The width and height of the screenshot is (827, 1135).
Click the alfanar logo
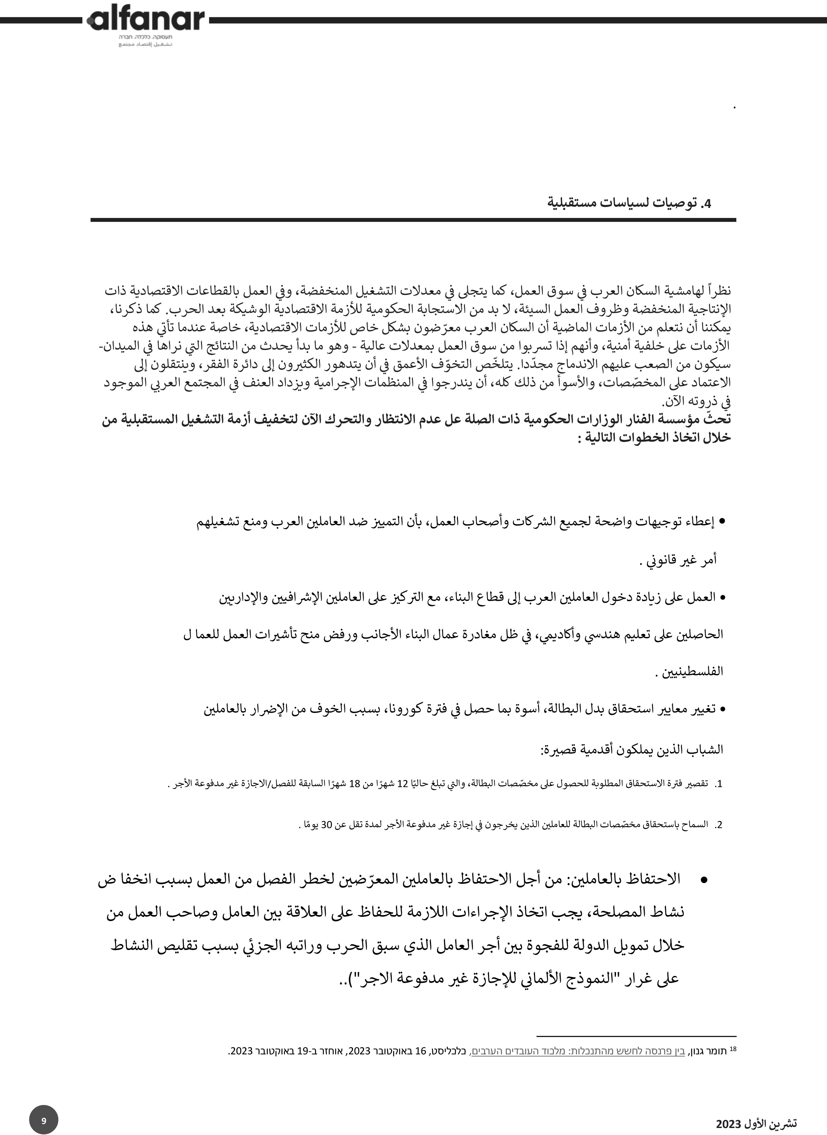(x=145, y=20)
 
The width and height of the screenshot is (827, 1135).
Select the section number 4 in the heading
(x=706, y=204)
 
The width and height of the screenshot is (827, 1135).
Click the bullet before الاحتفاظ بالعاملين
(x=703, y=880)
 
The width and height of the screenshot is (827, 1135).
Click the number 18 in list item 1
(x=354, y=784)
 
